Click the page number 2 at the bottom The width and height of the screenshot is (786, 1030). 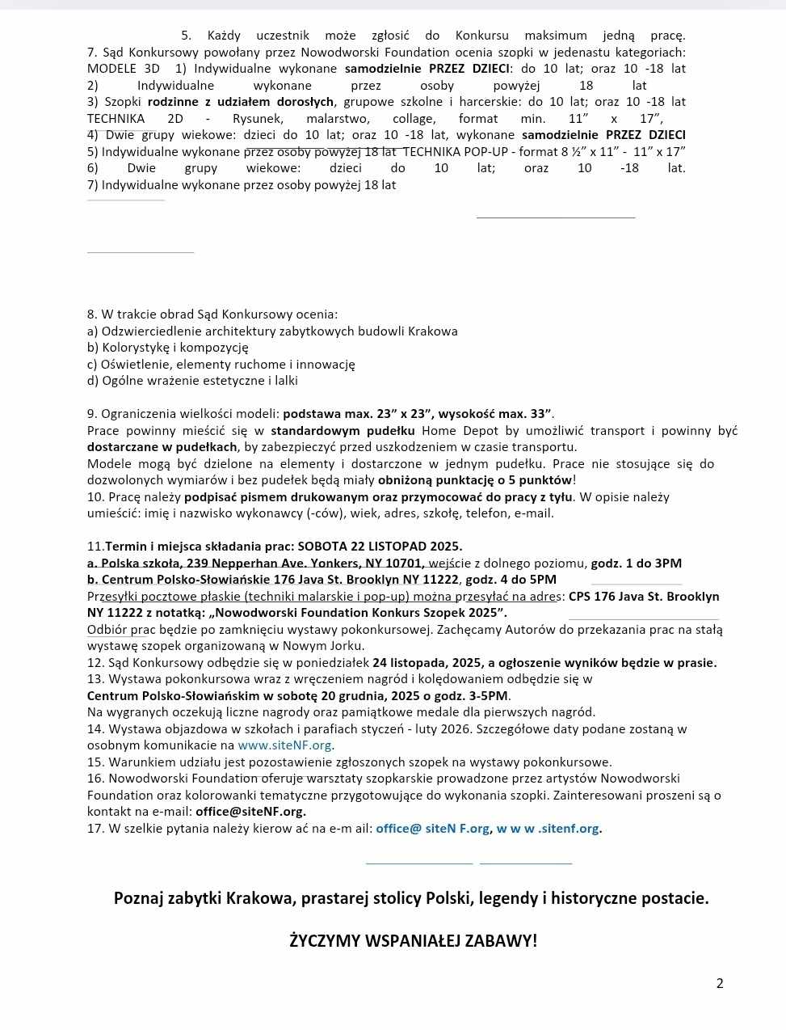(x=720, y=983)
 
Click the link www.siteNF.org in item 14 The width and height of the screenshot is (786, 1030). (x=285, y=745)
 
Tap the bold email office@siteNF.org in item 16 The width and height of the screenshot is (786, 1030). (x=250, y=812)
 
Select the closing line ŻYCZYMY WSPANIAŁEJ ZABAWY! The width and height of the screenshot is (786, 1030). (x=414, y=940)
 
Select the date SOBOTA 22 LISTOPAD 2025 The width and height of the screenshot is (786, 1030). (x=380, y=547)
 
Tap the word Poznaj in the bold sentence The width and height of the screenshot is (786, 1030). (x=138, y=898)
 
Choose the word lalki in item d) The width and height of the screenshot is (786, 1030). (x=285, y=381)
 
